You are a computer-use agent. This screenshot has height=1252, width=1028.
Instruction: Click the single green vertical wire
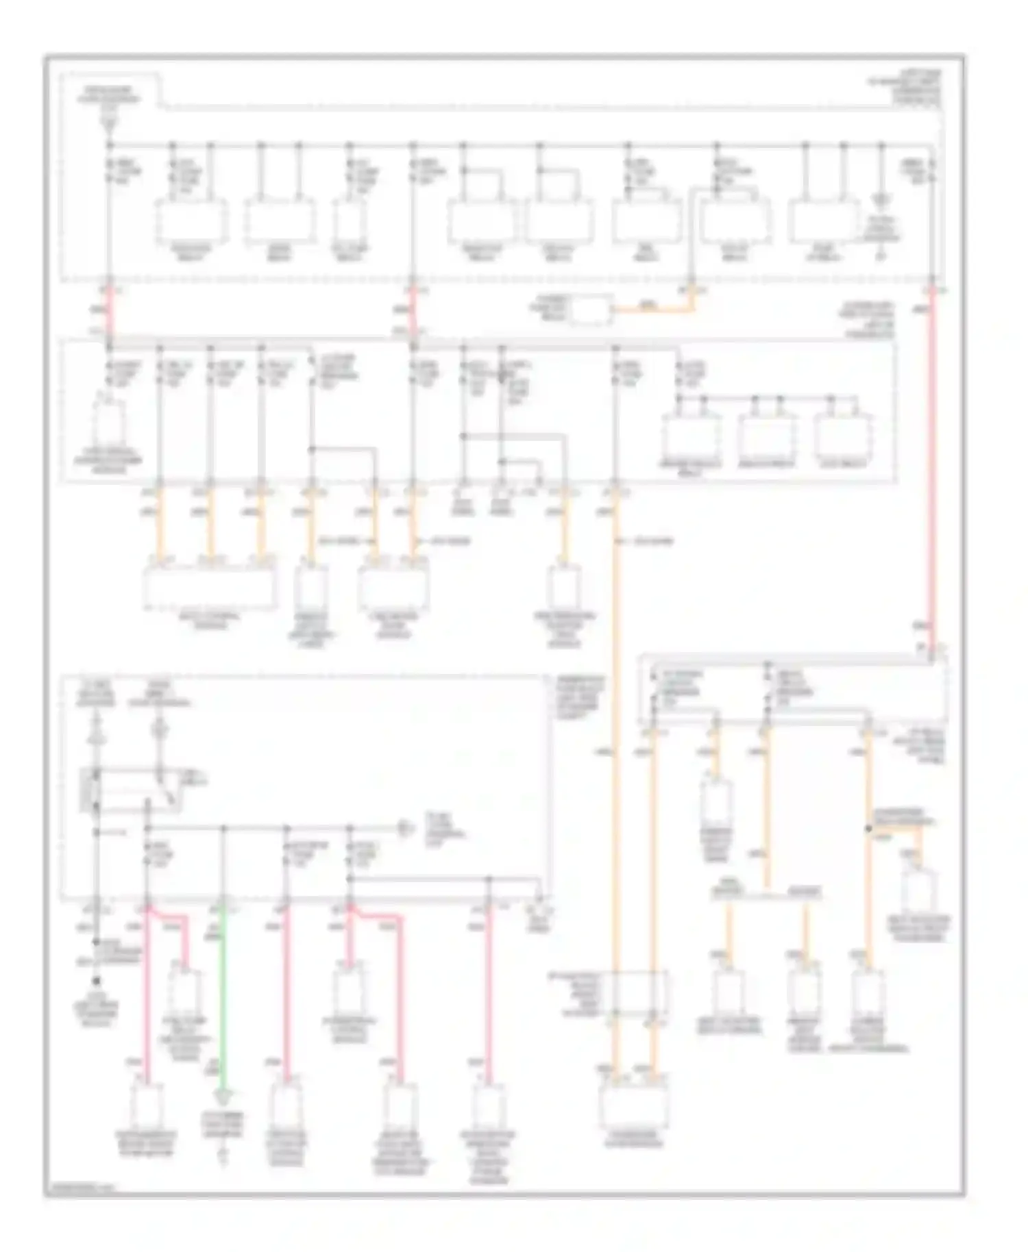pyautogui.click(x=222, y=1000)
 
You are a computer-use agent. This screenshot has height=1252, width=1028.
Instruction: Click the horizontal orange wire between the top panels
pyautogui.click(x=651, y=310)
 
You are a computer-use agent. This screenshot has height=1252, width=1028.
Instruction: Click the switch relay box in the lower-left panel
pyautogui.click(x=130, y=791)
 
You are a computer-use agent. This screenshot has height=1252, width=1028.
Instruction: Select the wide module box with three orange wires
pyautogui.click(x=211, y=588)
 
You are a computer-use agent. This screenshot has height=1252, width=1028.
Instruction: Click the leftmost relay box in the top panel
pyautogui.click(x=191, y=221)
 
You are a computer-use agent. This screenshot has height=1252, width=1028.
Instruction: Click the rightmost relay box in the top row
pyautogui.click(x=823, y=221)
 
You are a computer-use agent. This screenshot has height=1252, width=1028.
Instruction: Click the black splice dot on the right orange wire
pyautogui.click(x=868, y=829)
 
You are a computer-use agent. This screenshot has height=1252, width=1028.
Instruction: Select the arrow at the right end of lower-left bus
pyautogui.click(x=406, y=829)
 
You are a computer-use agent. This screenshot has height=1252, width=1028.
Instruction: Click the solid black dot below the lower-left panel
pyautogui.click(x=97, y=981)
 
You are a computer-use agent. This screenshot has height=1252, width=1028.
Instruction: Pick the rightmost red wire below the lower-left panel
pyautogui.click(x=489, y=993)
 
